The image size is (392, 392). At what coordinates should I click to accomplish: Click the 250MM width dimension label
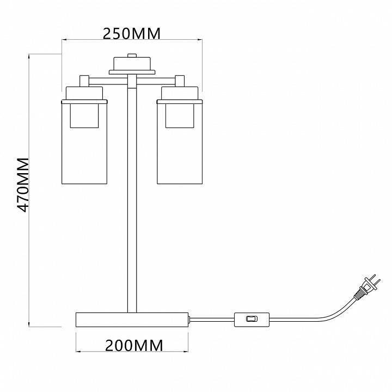(x=132, y=34)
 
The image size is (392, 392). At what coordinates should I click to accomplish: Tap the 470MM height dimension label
(x=23, y=185)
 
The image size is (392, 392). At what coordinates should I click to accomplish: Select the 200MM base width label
(x=134, y=346)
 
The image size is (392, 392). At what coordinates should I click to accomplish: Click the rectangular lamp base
(x=132, y=320)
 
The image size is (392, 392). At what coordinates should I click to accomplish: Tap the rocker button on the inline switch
(x=252, y=318)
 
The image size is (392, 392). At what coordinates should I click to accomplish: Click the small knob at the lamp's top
(x=132, y=56)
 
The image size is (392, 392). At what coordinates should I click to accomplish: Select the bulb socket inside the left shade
(x=84, y=116)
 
